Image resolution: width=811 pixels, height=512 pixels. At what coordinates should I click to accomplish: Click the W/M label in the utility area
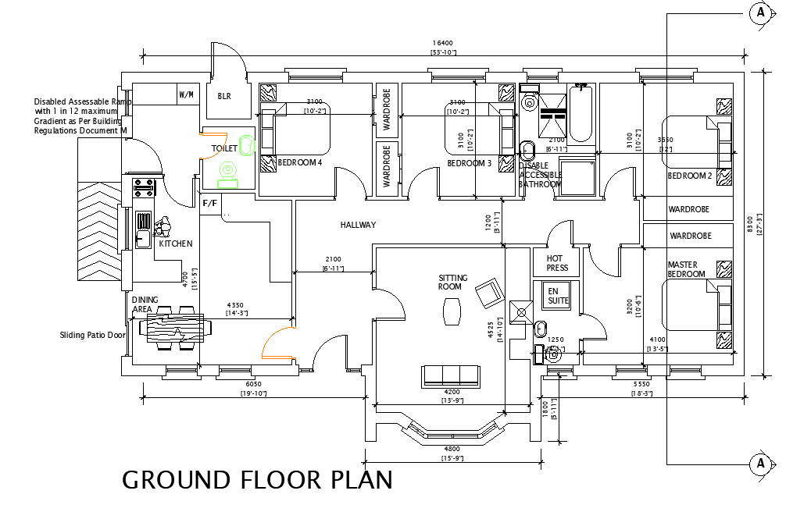187,95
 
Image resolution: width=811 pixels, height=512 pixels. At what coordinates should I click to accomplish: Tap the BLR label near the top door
224,96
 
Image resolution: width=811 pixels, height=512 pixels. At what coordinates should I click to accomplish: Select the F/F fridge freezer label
210,204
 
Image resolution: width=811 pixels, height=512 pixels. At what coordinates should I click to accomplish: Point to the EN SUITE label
558,296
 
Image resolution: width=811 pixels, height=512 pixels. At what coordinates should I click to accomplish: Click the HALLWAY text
358,225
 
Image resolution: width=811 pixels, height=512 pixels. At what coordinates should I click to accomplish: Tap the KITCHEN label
176,244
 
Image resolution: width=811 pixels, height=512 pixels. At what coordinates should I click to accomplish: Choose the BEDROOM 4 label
300,162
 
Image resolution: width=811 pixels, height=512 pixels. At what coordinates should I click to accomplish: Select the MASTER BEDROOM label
687,269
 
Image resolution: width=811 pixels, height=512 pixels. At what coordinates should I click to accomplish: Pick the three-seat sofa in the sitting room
452,375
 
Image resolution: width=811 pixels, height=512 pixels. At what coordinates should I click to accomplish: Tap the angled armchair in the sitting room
491,292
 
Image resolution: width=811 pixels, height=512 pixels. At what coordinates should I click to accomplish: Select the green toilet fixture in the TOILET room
228,174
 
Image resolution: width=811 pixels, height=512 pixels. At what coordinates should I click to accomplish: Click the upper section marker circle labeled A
760,12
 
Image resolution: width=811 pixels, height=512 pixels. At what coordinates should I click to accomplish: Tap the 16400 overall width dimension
443,44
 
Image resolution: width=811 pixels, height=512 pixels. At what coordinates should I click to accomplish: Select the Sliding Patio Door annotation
92,336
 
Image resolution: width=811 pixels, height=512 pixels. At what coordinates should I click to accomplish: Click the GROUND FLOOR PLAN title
257,479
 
